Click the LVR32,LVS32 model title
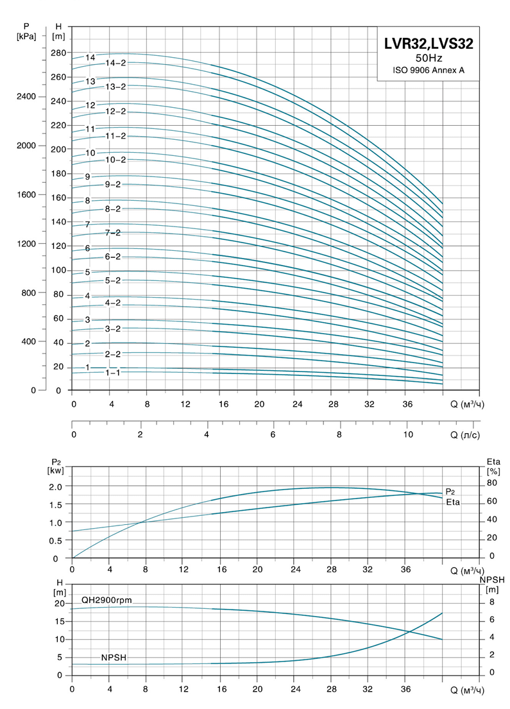point(429,44)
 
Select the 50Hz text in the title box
point(429,58)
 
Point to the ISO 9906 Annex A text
point(429,70)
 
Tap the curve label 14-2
point(116,63)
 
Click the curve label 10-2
point(116,160)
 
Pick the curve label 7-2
point(112,232)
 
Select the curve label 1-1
point(113,372)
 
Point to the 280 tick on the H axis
point(59,53)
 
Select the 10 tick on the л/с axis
point(408,435)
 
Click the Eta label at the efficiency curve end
point(453,501)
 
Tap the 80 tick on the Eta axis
point(492,483)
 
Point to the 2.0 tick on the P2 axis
point(56,486)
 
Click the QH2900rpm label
point(106,599)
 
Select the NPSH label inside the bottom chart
point(113,658)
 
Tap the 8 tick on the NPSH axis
point(491,602)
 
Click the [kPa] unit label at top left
point(27,37)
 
